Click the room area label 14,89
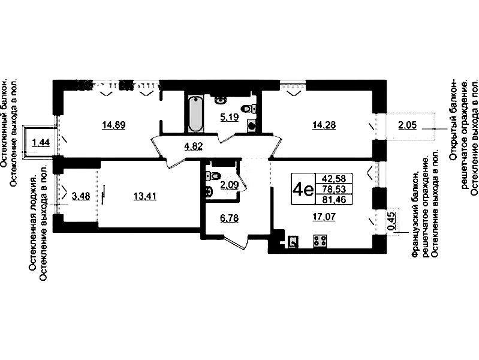pos(114,125)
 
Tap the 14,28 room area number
pos(324,125)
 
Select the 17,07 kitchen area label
pos(324,217)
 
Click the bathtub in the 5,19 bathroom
pos(195,114)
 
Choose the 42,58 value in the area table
pos(333,178)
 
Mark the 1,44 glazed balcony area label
pos(41,143)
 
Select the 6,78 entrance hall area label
pos(229,218)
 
